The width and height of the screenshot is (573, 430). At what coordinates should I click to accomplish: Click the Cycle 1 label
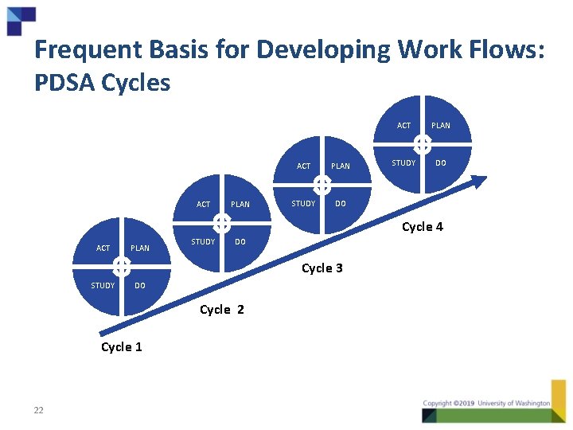[x=122, y=346]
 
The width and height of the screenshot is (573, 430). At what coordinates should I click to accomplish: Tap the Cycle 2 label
[x=222, y=309]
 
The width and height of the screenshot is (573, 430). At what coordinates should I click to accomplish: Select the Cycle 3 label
[x=322, y=268]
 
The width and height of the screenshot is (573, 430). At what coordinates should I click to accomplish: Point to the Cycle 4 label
[x=423, y=227]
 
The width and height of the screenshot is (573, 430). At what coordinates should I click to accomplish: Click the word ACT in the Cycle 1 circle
[x=103, y=248]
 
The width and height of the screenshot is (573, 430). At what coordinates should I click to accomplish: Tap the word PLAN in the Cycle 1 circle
[x=140, y=248]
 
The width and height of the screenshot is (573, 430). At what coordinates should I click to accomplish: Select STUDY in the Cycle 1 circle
[x=103, y=285]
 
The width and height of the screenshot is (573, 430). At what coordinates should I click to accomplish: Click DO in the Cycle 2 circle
[x=240, y=242]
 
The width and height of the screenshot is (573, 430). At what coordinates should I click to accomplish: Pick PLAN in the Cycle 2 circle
[x=240, y=205]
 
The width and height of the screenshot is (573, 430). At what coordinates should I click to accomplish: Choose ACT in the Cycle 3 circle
[x=304, y=166]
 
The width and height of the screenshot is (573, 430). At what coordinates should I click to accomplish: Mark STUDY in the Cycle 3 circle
[x=303, y=203]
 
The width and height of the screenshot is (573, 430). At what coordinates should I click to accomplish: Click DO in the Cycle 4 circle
[x=441, y=162]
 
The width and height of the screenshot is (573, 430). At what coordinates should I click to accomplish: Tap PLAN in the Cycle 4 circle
[x=441, y=126]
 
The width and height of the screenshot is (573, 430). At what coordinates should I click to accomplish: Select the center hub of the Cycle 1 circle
[x=121, y=266]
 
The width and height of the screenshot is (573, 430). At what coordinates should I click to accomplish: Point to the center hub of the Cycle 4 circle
[x=423, y=144]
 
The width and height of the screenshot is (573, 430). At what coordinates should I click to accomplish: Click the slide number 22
[x=38, y=410]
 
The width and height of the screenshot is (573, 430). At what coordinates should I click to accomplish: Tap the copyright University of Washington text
[x=486, y=404]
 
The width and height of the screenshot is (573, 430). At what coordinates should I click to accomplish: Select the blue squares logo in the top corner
[x=21, y=19]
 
